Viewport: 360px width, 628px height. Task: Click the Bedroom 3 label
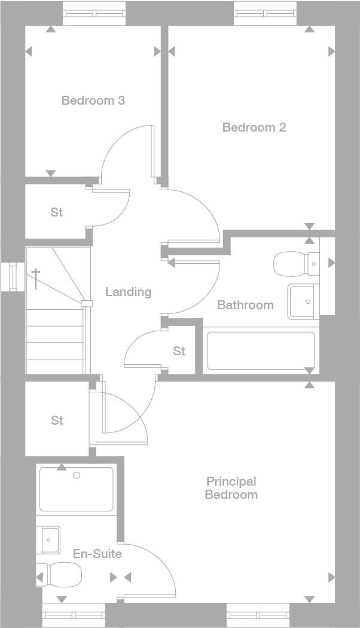pyautogui.click(x=93, y=100)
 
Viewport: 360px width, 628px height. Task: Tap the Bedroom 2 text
pyautogui.click(x=254, y=127)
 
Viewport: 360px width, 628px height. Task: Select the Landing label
pyautogui.click(x=128, y=292)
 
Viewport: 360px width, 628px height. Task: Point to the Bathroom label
pyautogui.click(x=245, y=305)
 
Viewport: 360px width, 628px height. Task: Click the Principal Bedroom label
pyautogui.click(x=231, y=488)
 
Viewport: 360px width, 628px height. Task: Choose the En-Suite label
pyautogui.click(x=97, y=554)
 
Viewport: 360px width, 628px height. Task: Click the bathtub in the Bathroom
pyautogui.click(x=260, y=350)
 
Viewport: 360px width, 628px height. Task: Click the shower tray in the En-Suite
pyautogui.click(x=76, y=489)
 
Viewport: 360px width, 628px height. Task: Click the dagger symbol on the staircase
pyautogui.click(x=36, y=278)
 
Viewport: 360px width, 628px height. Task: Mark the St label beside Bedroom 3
pyautogui.click(x=56, y=212)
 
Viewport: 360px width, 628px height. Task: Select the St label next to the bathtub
pyautogui.click(x=179, y=351)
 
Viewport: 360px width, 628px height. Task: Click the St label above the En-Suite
pyautogui.click(x=57, y=420)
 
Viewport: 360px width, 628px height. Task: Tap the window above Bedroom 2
pyautogui.click(x=265, y=13)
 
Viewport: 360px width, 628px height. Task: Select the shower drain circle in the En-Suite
pyautogui.click(x=76, y=475)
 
